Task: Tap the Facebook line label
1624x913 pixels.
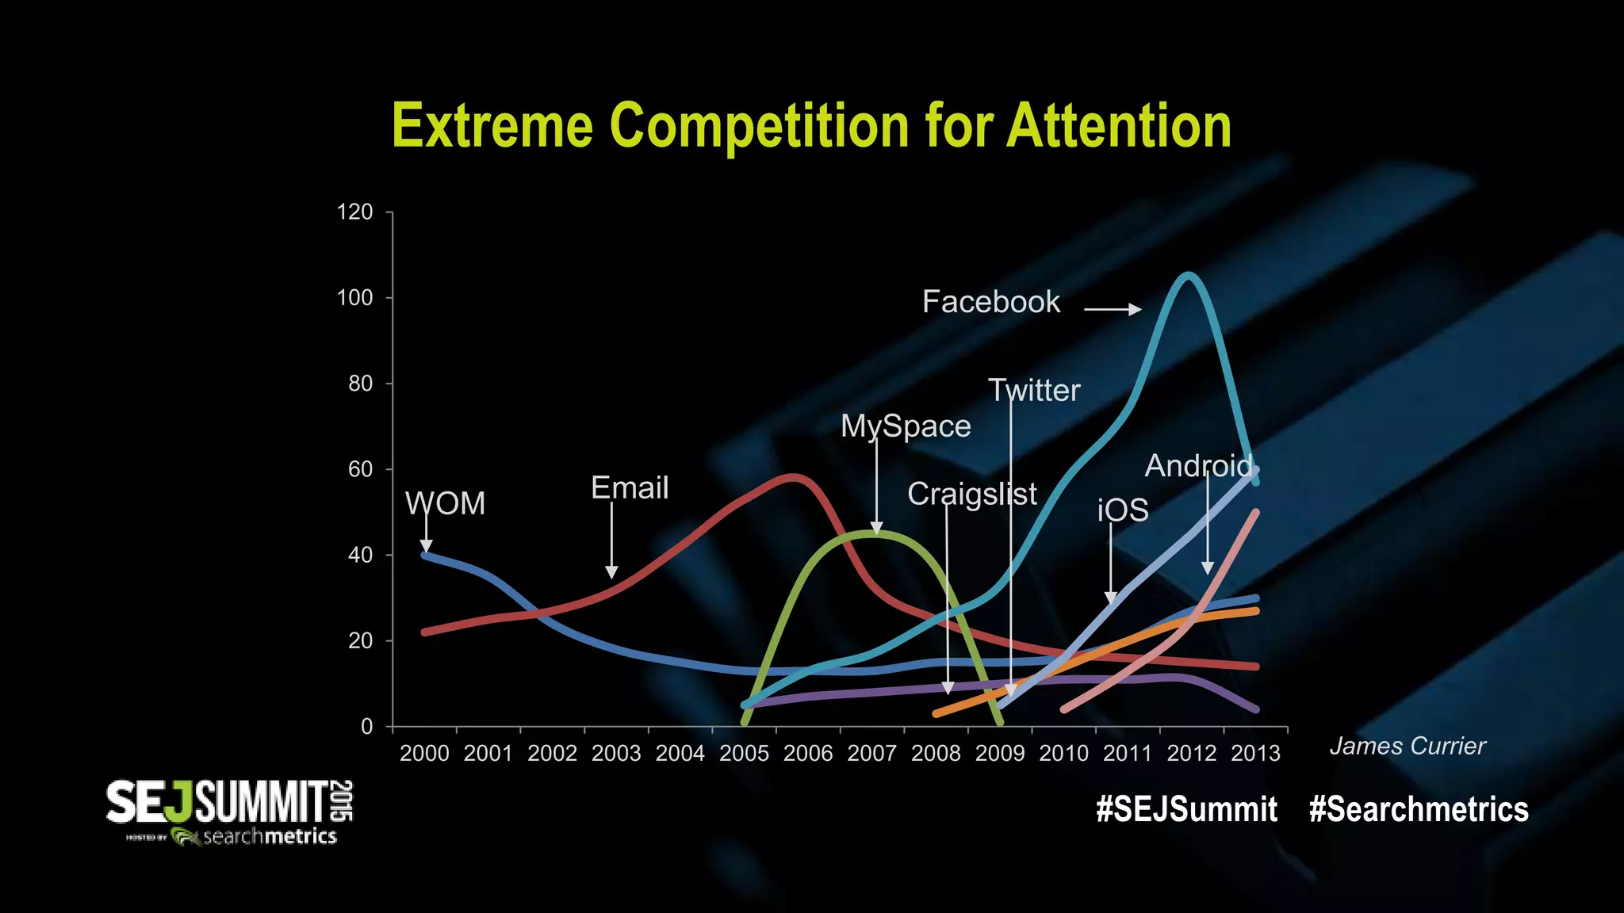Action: (x=990, y=302)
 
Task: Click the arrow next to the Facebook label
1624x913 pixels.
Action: (x=1113, y=309)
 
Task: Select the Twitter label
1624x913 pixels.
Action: (x=1034, y=391)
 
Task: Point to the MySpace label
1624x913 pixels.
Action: (x=906, y=426)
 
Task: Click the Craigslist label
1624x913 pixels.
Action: (x=971, y=494)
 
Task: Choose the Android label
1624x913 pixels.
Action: (x=1198, y=466)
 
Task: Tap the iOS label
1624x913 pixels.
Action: (x=1123, y=510)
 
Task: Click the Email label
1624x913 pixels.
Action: (x=630, y=488)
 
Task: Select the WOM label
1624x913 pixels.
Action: (x=445, y=504)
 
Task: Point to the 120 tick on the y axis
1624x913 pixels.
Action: (x=354, y=212)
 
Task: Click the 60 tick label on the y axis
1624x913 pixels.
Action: (x=360, y=469)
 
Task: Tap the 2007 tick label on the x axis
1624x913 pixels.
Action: (x=871, y=754)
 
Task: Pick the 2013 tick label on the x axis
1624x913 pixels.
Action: (x=1255, y=754)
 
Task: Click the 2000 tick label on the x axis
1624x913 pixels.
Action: (x=424, y=754)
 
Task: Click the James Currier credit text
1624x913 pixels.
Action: (x=1407, y=746)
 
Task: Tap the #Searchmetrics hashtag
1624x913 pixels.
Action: (x=1419, y=809)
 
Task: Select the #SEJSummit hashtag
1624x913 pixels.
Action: (x=1186, y=809)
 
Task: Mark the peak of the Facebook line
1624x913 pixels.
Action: (x=1188, y=275)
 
